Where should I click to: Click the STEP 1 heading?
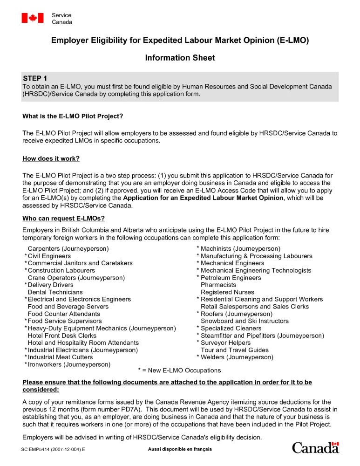[35, 78]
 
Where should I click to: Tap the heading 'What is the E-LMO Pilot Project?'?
[73, 116]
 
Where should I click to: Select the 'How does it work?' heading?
[51, 158]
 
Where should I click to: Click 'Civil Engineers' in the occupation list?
[49, 256]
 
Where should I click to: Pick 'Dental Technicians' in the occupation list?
[55, 292]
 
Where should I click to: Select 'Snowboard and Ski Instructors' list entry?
[245, 321]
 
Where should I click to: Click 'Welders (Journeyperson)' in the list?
[237, 357]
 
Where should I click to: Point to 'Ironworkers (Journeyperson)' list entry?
[69, 364]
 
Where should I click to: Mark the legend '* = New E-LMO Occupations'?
[180, 370]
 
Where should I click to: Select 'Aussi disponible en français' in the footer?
[180, 449]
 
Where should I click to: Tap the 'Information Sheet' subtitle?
[180, 58]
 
